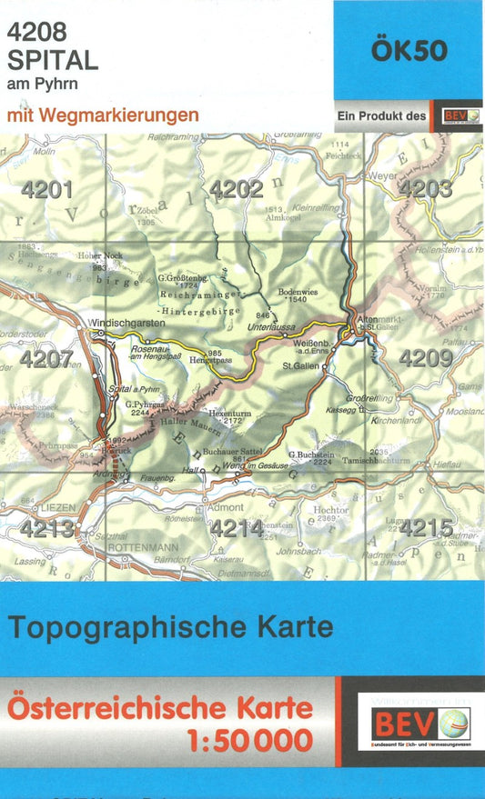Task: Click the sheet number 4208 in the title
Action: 37,32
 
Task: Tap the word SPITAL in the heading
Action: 52,61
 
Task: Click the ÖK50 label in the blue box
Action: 409,51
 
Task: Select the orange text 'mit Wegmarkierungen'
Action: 102,115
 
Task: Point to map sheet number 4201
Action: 47,190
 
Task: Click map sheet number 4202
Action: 237,189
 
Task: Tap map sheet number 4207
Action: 46,359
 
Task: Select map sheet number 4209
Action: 426,358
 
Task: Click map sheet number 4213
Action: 47,528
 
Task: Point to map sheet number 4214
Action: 237,528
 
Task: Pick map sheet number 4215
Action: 426,527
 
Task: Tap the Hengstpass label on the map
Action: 211,360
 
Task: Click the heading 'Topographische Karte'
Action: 171,627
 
